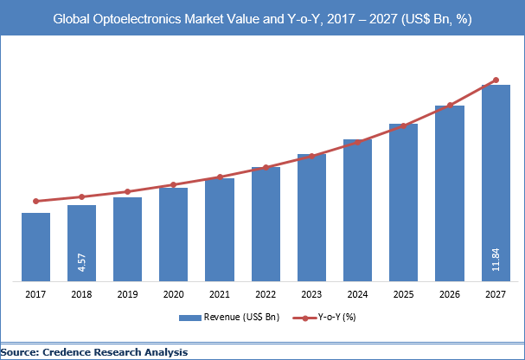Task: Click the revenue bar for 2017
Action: [x=35, y=247]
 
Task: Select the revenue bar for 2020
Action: [x=173, y=234]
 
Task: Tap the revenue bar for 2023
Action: [x=311, y=217]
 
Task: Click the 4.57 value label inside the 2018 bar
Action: [x=82, y=262]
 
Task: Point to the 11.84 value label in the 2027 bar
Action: [x=496, y=260]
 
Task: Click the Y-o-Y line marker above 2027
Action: [x=496, y=80]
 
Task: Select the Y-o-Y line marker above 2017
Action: [x=35, y=201]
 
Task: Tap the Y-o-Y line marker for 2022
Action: [x=266, y=167]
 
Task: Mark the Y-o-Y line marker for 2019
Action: [x=127, y=192]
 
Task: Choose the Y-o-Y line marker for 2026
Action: [x=450, y=106]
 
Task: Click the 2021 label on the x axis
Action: [x=220, y=295]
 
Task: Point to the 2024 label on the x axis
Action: [x=357, y=295]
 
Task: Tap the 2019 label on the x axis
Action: [x=127, y=295]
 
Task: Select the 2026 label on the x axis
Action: [x=450, y=295]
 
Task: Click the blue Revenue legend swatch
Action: [x=189, y=318]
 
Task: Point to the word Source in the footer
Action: [x=22, y=352]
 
